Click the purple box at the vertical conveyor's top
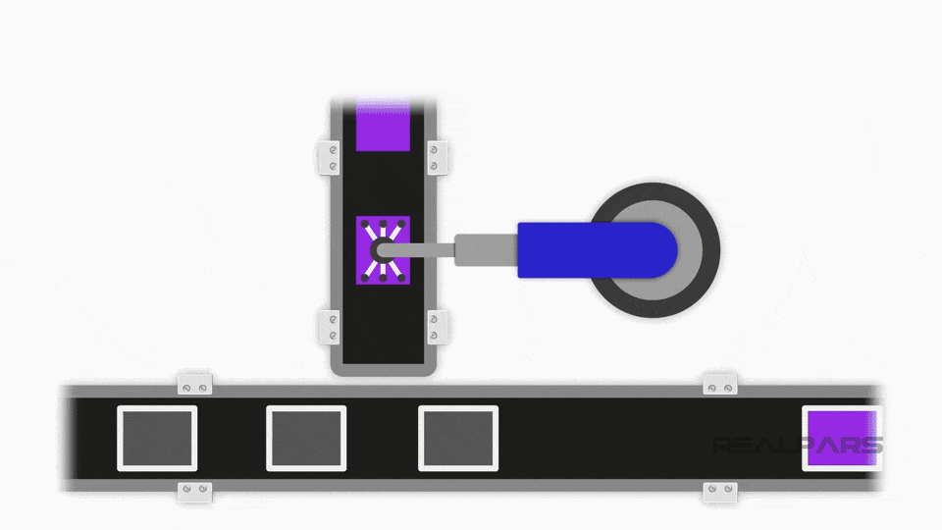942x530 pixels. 382,126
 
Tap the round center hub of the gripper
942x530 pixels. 381,251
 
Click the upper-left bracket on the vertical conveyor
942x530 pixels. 329,158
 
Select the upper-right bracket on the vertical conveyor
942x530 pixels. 437,158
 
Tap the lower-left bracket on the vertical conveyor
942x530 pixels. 329,327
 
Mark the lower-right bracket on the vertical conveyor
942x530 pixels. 437,327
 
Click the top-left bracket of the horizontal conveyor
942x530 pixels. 194,385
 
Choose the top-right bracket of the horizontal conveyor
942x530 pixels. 720,385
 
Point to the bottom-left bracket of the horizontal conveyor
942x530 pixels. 194,492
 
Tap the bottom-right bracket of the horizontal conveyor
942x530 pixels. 720,492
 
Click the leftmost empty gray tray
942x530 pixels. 157,439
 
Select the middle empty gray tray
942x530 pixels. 306,439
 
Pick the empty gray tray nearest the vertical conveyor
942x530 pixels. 458,439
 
